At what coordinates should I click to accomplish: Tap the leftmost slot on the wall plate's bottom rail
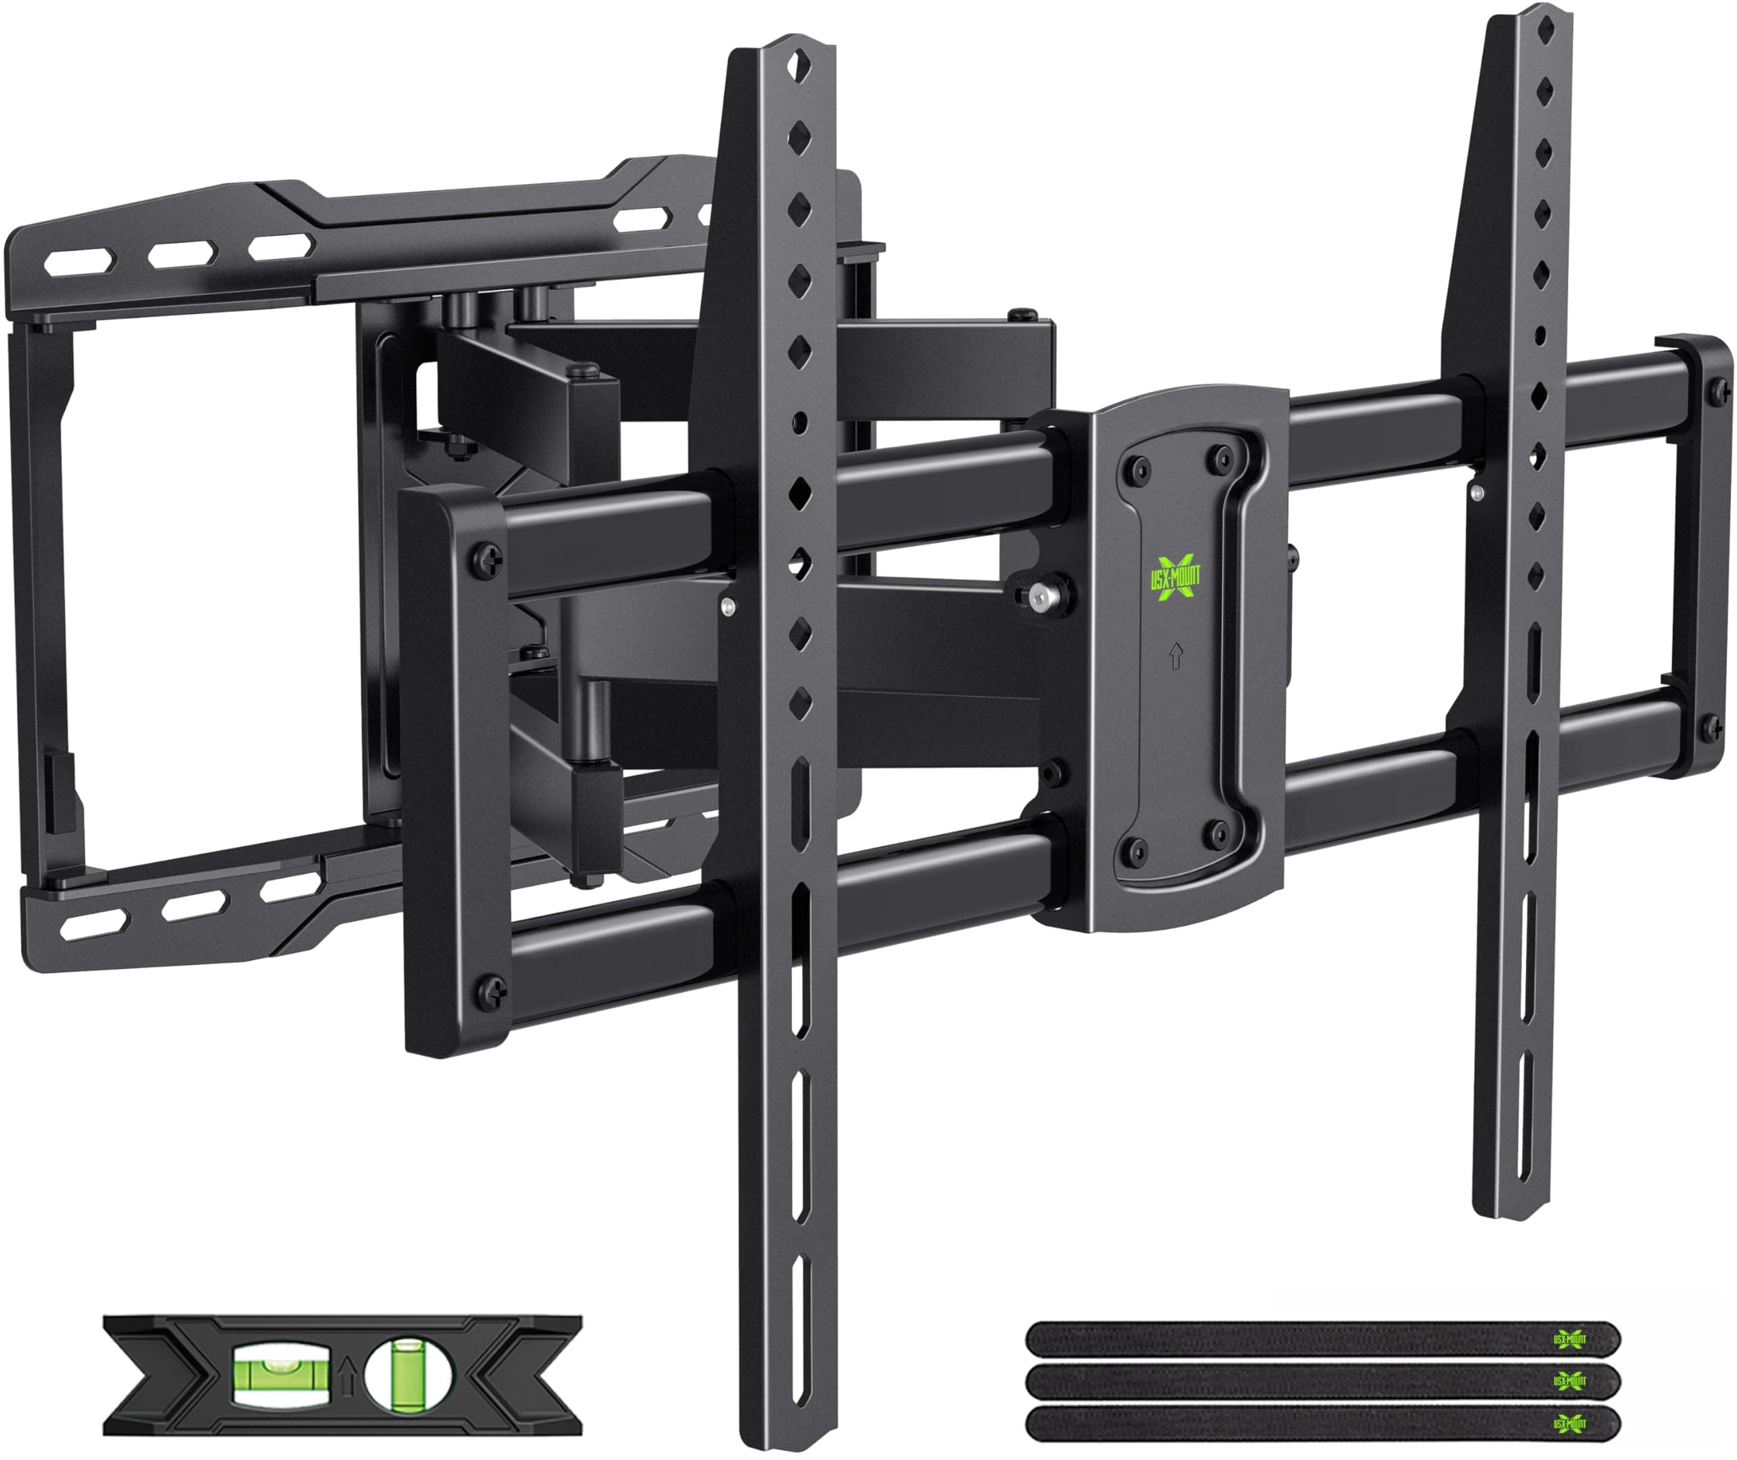85,920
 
